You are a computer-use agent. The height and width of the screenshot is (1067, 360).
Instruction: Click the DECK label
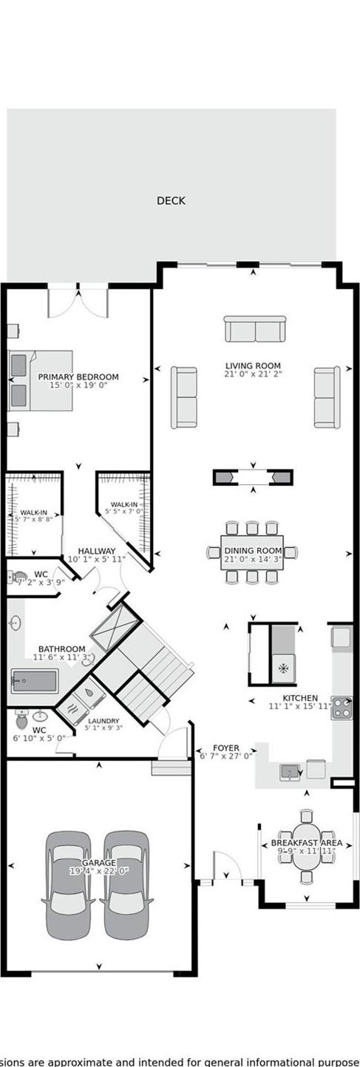pyautogui.click(x=171, y=200)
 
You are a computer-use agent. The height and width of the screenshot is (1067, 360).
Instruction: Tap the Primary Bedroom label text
pyautogui.click(x=78, y=377)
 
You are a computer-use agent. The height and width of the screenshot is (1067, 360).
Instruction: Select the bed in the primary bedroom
pyautogui.click(x=41, y=380)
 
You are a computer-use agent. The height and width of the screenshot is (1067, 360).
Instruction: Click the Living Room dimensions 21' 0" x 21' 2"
pyautogui.click(x=254, y=374)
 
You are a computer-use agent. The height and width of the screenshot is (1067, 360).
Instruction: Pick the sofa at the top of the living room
pyautogui.click(x=255, y=329)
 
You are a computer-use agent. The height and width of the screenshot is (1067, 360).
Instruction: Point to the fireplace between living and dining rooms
pyautogui.click(x=253, y=477)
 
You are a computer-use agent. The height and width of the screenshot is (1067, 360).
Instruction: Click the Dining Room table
pyautogui.click(x=252, y=552)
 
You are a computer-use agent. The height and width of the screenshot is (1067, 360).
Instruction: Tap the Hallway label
pyautogui.click(x=97, y=551)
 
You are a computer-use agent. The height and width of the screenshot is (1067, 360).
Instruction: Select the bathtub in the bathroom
pyautogui.click(x=35, y=681)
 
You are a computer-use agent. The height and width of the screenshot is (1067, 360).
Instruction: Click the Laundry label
pyautogui.click(x=103, y=721)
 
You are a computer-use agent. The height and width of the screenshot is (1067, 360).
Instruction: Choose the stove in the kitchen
pyautogui.click(x=342, y=708)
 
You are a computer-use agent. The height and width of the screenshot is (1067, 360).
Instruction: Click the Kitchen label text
pyautogui.click(x=300, y=698)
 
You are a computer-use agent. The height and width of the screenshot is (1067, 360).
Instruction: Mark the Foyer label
pyautogui.click(x=226, y=748)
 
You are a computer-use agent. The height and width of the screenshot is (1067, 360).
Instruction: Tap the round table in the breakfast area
pyautogui.click(x=306, y=846)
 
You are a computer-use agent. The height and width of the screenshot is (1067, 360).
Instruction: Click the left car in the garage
pyautogui.click(x=69, y=884)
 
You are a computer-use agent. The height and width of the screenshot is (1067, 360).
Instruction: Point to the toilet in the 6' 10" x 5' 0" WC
pyautogui.click(x=21, y=719)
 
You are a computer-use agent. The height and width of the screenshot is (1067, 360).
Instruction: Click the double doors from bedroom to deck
pyautogui.click(x=78, y=299)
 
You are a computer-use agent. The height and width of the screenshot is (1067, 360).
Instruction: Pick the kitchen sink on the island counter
pyautogui.click(x=290, y=771)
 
